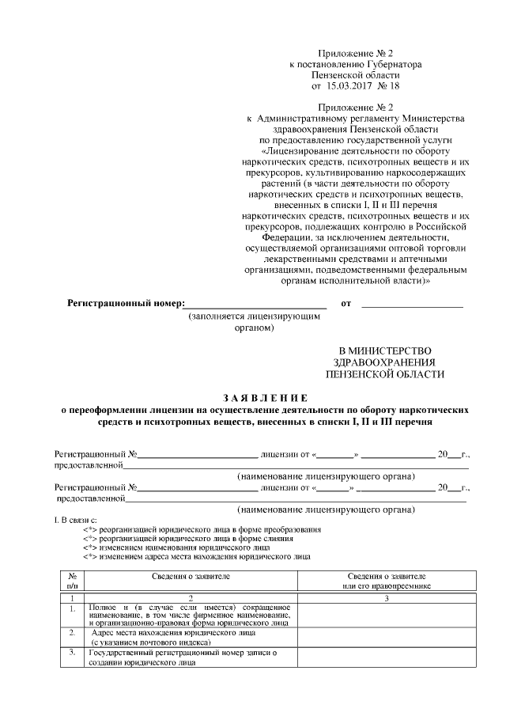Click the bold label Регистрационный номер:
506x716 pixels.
tap(126, 303)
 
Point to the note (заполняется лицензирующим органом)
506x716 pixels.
tap(254, 321)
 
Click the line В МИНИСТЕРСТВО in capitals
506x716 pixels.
tap(385, 350)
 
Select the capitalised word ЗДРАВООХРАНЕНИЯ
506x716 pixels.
tap(385, 362)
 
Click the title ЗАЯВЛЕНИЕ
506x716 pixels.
tap(253, 398)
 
